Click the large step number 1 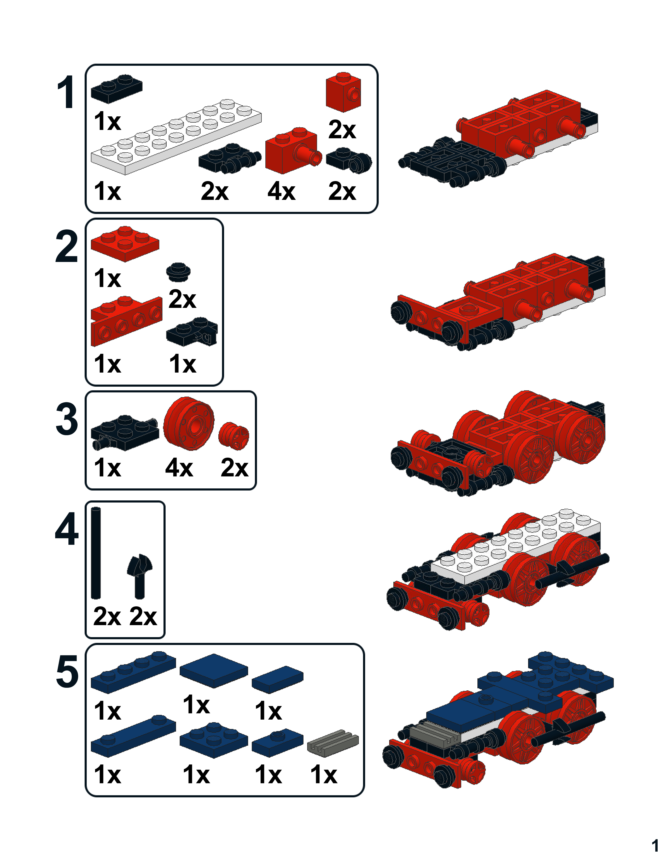pyautogui.click(x=66, y=92)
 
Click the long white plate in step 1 pyautogui.click(x=176, y=136)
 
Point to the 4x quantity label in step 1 pyautogui.click(x=281, y=192)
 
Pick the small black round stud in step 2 pyautogui.click(x=179, y=272)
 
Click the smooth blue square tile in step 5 pyautogui.click(x=214, y=671)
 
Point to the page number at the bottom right pyautogui.click(x=655, y=846)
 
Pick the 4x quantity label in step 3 pyautogui.click(x=179, y=468)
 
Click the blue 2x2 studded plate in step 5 pyautogui.click(x=214, y=740)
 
